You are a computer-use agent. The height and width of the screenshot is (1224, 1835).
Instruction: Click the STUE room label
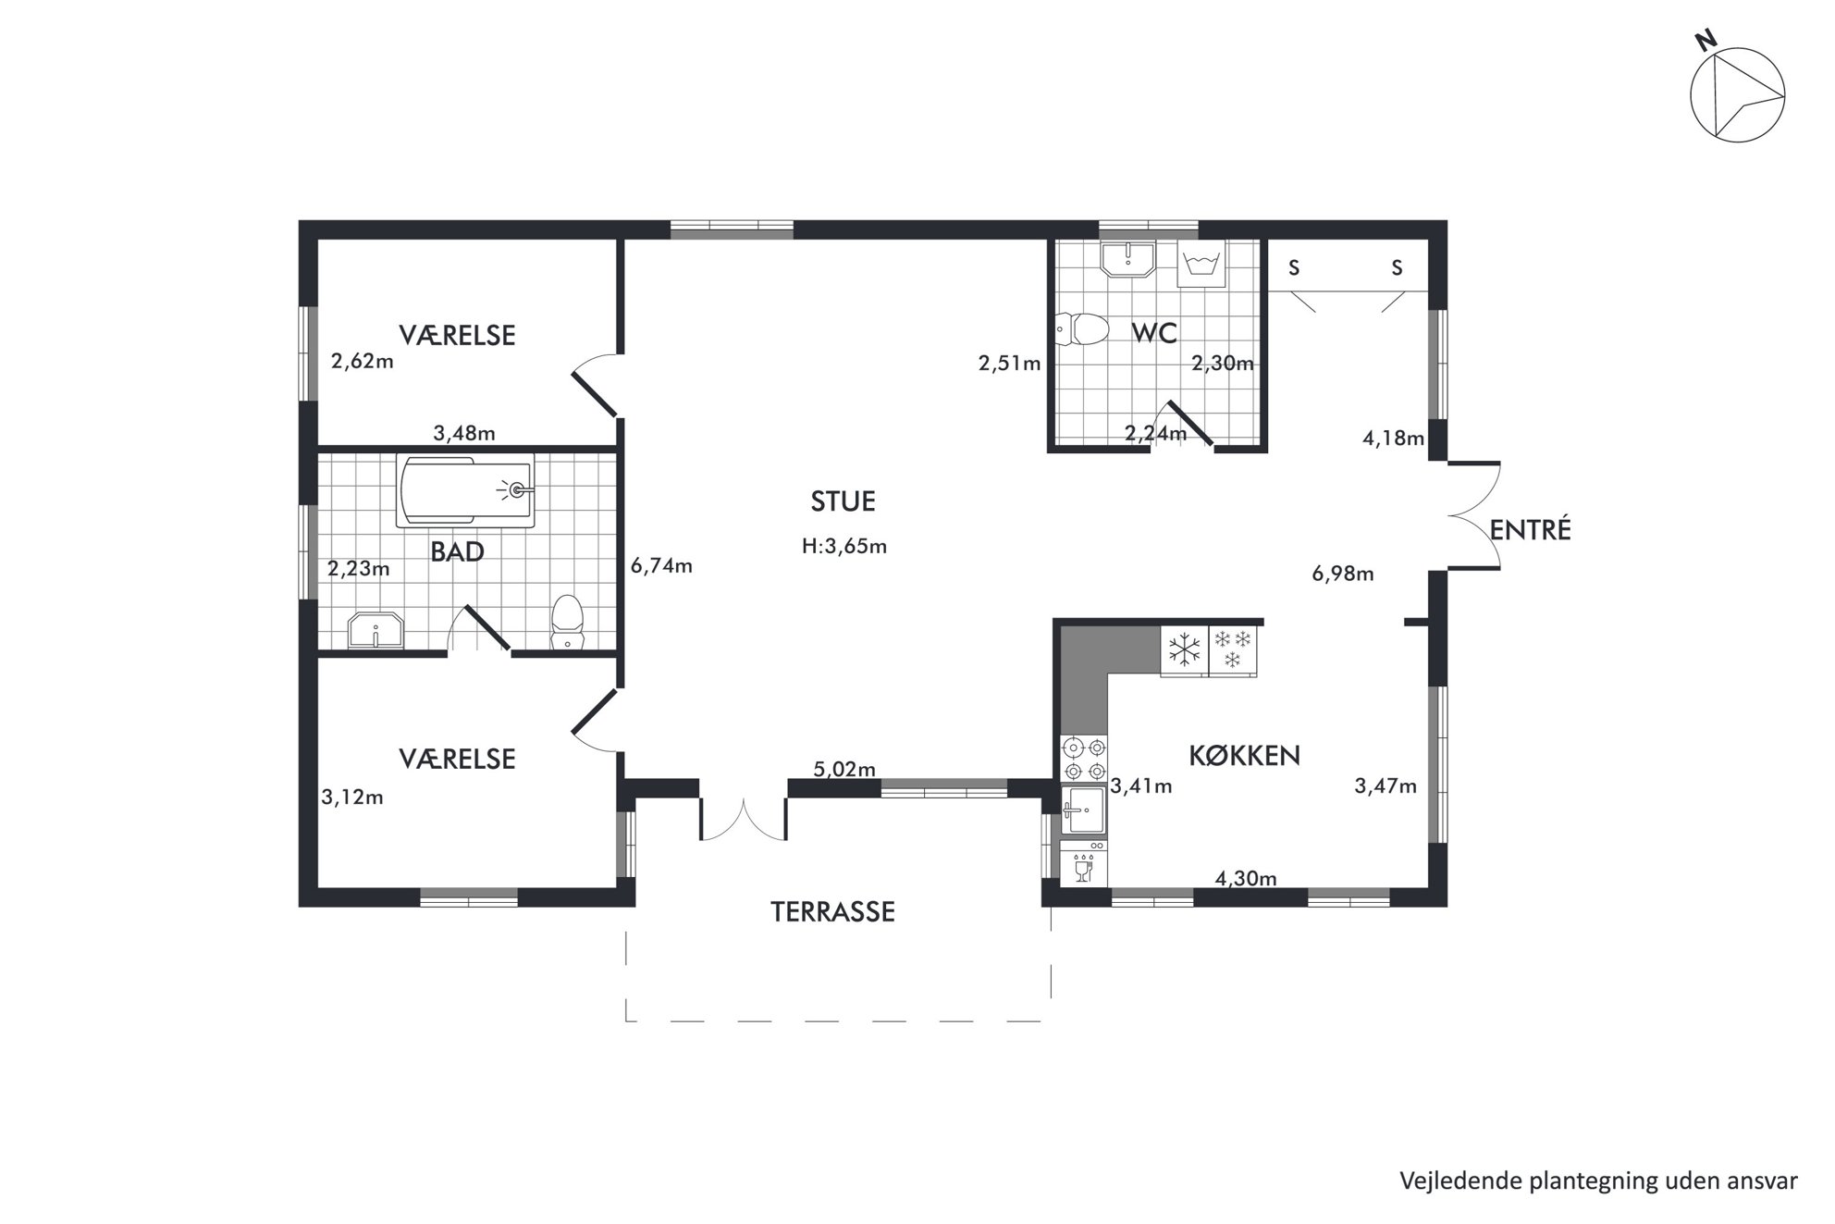click(843, 501)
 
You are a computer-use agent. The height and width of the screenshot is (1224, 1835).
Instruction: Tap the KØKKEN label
click(1244, 756)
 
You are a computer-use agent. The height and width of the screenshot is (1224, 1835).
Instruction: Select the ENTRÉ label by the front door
click(1531, 530)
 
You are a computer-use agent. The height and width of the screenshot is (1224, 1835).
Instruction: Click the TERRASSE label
click(832, 912)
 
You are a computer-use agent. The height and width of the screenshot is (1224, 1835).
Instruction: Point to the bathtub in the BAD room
click(465, 490)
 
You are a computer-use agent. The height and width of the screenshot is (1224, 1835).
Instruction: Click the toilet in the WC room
click(1082, 329)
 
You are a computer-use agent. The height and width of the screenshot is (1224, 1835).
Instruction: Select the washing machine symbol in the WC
click(1201, 263)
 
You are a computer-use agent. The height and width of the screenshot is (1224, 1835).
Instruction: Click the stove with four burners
click(1085, 759)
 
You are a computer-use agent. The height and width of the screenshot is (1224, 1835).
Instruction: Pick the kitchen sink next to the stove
click(1084, 811)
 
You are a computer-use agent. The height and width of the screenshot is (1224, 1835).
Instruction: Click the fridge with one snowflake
click(1184, 650)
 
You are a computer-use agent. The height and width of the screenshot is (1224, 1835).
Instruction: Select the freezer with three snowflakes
click(1233, 650)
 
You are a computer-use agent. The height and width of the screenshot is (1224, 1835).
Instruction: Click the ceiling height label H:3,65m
click(844, 547)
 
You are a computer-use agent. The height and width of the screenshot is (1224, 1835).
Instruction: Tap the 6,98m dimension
click(1343, 574)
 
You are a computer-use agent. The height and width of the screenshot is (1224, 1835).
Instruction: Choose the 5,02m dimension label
click(844, 769)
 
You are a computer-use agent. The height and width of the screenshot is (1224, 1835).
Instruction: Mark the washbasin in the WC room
click(1127, 259)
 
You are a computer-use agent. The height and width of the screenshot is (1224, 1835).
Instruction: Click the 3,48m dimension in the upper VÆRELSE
click(464, 433)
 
